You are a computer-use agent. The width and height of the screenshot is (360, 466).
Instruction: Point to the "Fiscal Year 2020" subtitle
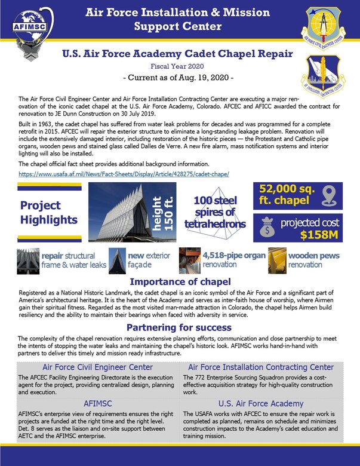pyautogui.click(x=178, y=66)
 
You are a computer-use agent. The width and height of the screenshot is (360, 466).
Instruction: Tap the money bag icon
pyautogui.click(x=266, y=228)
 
